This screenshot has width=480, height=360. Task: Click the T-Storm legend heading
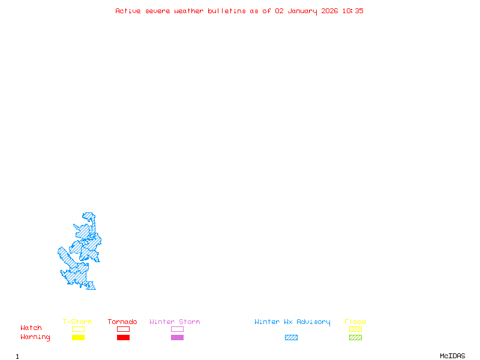tap(77, 322)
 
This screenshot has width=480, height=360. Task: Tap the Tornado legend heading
tap(122, 322)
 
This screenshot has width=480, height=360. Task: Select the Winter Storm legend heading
tap(175, 322)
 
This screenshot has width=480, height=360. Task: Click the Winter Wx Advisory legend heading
tap(292, 322)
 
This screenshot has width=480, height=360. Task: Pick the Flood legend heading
tap(355, 322)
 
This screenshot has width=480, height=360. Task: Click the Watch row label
tap(31, 328)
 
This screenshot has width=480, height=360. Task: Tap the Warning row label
tap(35, 337)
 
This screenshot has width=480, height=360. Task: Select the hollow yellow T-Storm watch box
tap(78, 329)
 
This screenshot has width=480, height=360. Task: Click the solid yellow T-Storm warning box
tap(78, 338)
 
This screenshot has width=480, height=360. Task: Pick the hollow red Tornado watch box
tap(123, 329)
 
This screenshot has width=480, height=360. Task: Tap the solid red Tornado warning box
tap(123, 338)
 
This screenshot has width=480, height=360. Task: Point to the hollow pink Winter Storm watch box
tap(177, 329)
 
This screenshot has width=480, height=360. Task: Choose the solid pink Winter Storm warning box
tap(177, 338)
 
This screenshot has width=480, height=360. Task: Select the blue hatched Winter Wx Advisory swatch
tap(291, 338)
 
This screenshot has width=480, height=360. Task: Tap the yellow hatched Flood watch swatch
tap(355, 329)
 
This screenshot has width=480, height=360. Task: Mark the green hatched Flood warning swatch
tap(355, 338)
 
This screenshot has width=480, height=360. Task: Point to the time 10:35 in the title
tap(353, 11)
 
